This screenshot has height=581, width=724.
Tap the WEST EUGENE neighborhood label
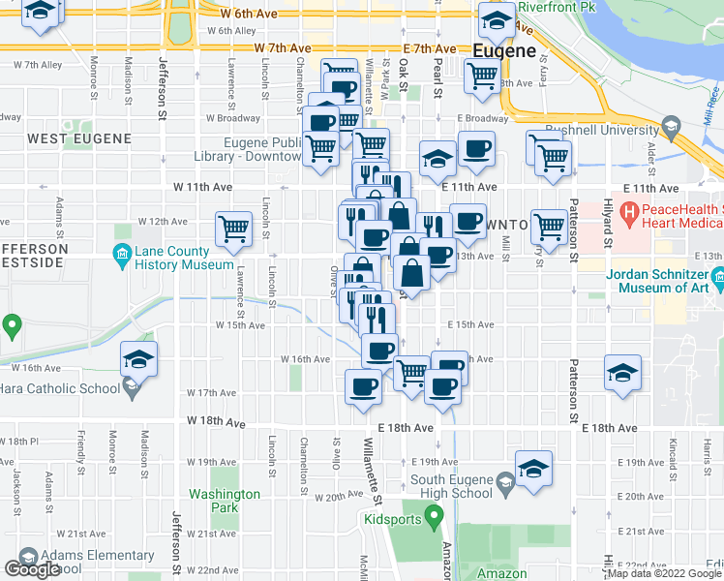tap(79, 139)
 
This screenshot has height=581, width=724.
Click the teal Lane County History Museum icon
tap(122, 256)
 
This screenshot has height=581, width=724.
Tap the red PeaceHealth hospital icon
tap(628, 209)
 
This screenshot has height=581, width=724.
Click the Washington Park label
tap(225, 501)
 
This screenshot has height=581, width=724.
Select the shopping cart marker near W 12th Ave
tap(233, 229)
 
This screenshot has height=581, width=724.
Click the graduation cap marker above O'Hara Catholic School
tap(139, 359)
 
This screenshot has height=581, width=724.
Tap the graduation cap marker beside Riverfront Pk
tap(496, 19)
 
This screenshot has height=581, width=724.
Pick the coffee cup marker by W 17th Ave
tap(364, 386)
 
